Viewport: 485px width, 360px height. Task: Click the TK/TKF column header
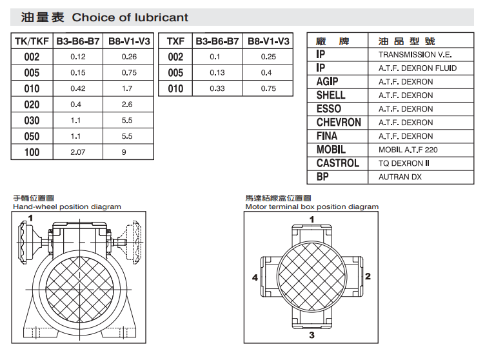click(x=32, y=41)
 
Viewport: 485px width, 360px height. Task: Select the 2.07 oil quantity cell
click(x=77, y=152)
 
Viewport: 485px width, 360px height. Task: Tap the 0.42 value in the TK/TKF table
click(x=77, y=88)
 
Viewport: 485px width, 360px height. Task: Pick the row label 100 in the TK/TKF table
click(x=32, y=152)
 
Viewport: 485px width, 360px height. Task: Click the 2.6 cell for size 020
click(x=127, y=105)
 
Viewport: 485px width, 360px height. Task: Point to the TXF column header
click(x=175, y=41)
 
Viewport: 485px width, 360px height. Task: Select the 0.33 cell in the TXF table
click(x=217, y=88)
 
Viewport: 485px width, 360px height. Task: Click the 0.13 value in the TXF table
click(x=217, y=72)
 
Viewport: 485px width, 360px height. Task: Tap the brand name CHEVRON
click(x=339, y=123)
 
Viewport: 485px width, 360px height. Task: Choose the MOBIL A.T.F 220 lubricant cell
click(x=408, y=150)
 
